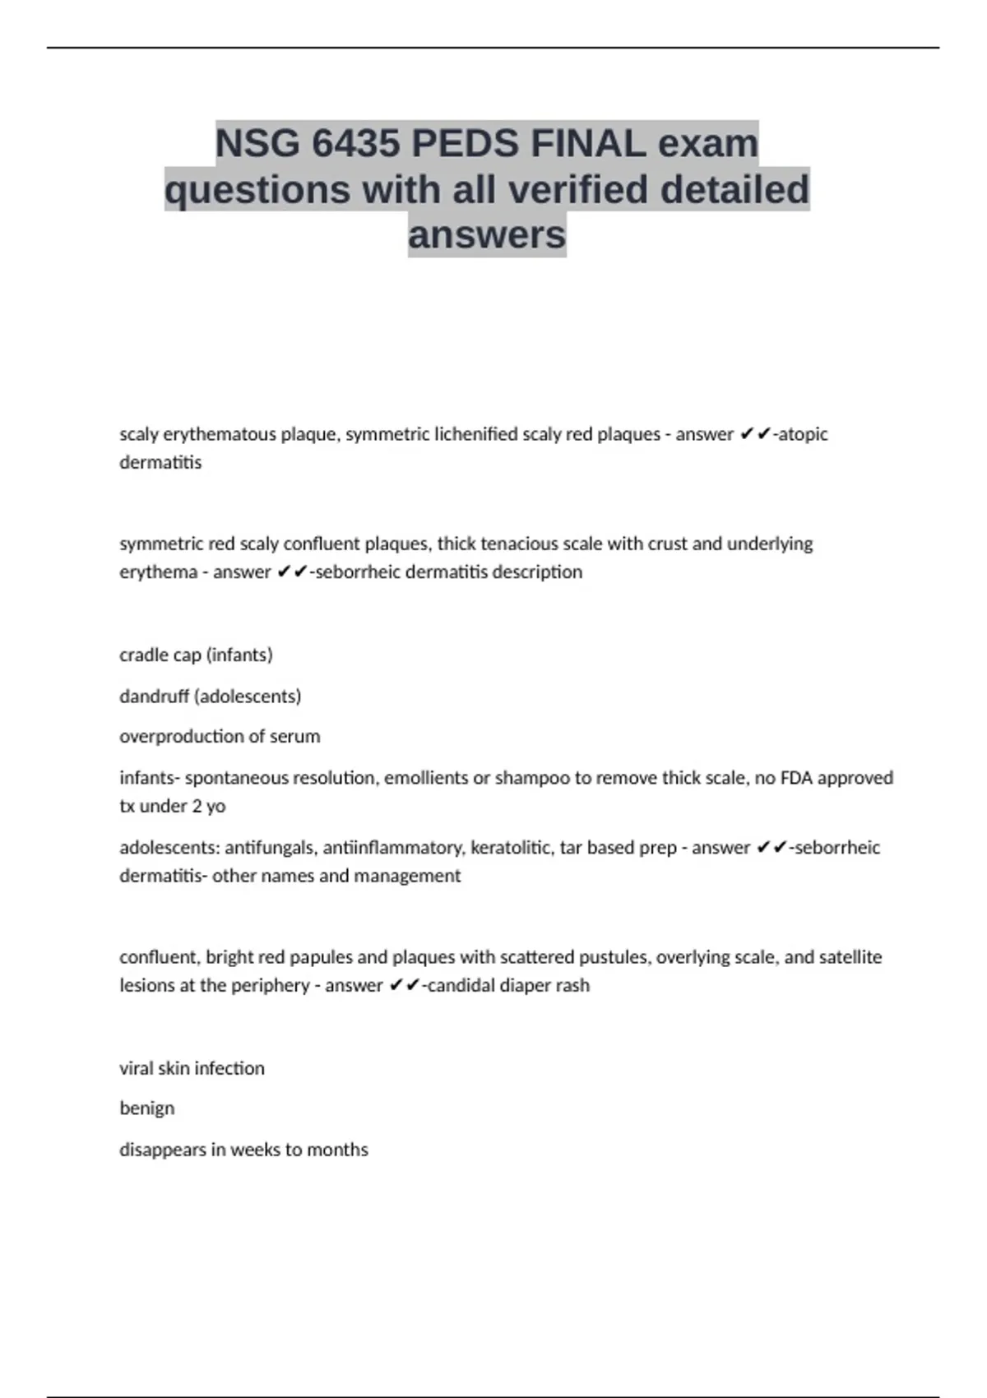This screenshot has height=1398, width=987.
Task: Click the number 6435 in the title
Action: (356, 144)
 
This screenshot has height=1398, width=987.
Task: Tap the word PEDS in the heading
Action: (466, 144)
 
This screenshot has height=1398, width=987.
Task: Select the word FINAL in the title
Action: (587, 144)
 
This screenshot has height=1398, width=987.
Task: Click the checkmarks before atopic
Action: (755, 434)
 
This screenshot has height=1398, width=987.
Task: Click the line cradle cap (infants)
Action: (196, 655)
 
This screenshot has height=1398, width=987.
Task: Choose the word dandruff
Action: (155, 697)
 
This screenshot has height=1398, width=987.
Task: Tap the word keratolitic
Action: (512, 848)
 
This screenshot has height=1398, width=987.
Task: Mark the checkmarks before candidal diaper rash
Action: (404, 985)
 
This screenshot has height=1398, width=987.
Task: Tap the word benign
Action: (147, 1109)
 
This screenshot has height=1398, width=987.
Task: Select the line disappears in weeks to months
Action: (243, 1150)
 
